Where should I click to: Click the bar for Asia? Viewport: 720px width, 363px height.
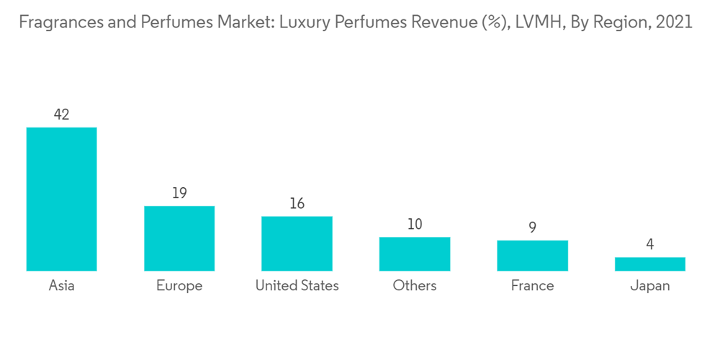pos(61,199)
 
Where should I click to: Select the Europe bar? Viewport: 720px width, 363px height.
pos(179,238)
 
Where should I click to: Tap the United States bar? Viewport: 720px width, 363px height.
pos(297,243)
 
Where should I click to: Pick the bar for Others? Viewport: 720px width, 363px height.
pos(415,254)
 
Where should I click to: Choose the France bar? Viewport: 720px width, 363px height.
pos(532,256)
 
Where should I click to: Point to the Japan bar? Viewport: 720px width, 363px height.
pos(649,264)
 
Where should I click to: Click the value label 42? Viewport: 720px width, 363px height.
pos(61,114)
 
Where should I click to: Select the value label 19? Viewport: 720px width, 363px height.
pos(179,193)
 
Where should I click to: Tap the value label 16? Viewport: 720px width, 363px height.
pos(297,204)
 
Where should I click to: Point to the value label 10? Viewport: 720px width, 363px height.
pos(415,225)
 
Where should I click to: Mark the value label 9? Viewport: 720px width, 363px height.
pos(532,228)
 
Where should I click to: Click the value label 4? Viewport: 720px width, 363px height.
pos(649,244)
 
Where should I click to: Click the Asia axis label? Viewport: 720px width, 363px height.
pos(61,286)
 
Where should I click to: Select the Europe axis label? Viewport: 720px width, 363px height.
pos(179,286)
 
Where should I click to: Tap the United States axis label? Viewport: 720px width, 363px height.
pos(297,286)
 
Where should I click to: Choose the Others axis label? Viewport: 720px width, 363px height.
pos(415,286)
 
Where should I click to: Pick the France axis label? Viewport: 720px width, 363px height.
pos(532,286)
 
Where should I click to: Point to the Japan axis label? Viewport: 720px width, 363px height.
pos(649,286)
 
